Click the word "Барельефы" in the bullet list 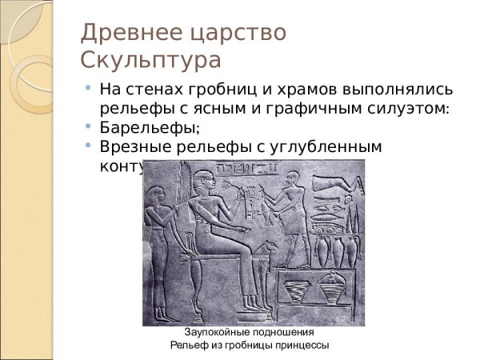(x=147, y=126)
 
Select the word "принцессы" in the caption (x=302, y=345)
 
